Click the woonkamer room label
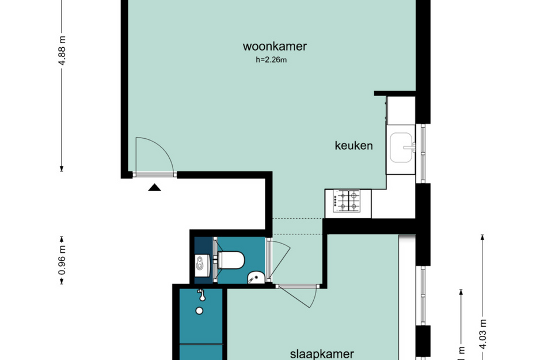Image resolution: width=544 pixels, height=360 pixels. click(275, 47)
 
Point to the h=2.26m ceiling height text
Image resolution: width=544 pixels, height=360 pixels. click(271, 60)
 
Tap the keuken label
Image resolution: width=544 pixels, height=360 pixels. click(354, 146)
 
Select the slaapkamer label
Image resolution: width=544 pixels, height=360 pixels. click(321, 354)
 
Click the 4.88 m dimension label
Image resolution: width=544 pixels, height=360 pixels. click(63, 52)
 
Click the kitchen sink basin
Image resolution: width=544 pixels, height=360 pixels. click(401, 147)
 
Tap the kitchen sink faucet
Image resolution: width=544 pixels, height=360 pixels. click(410, 147)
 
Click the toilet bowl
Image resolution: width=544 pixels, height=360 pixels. click(230, 260)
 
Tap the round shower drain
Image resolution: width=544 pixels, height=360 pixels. click(200, 310)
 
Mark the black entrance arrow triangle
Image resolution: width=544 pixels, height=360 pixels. click(154, 187)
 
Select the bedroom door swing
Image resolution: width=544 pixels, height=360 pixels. click(308, 300)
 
